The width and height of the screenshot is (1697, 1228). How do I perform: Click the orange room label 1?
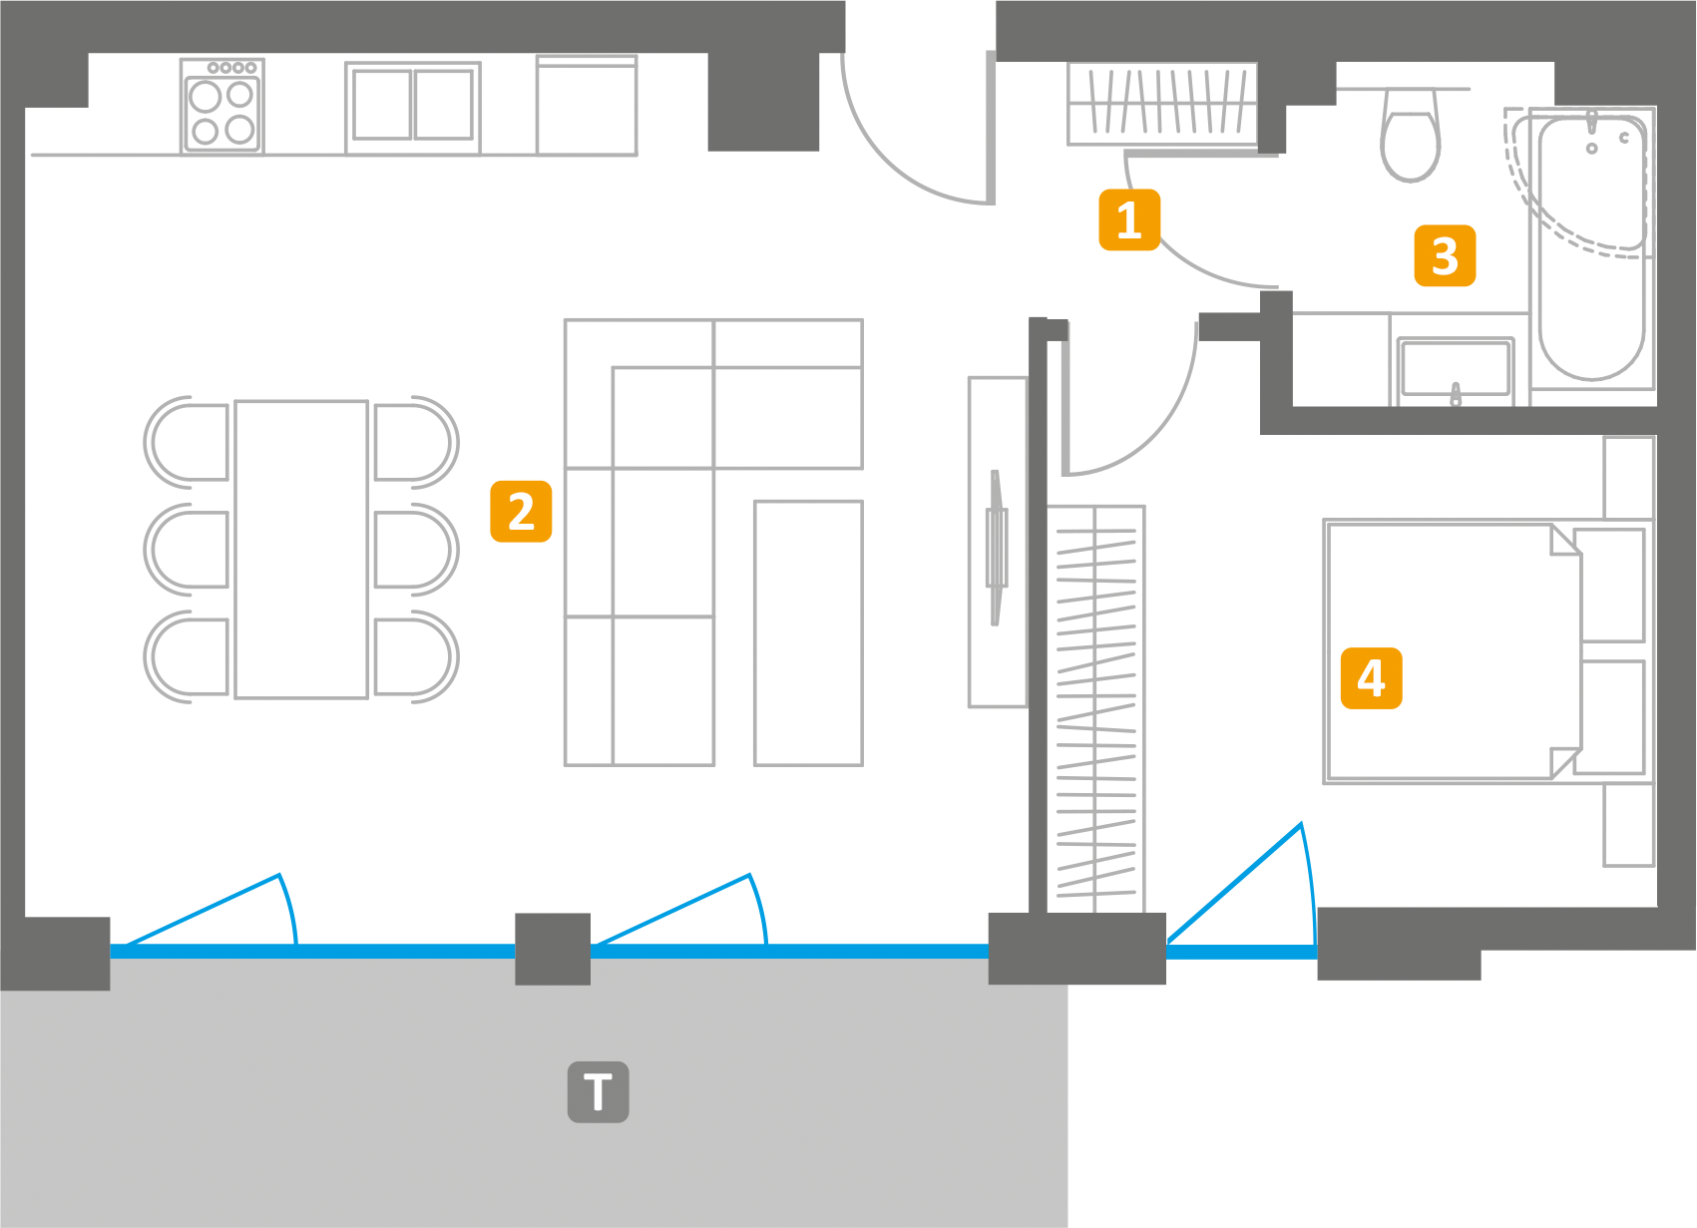coord(1128,219)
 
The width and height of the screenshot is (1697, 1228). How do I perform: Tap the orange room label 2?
coord(521,512)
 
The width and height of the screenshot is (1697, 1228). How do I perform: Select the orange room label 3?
coord(1445,256)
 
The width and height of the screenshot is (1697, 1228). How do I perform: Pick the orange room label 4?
coord(1371,678)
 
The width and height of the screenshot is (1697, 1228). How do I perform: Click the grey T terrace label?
coord(598,1092)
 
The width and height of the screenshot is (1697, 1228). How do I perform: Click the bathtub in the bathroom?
coord(1591,249)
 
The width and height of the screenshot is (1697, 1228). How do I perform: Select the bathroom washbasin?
coord(1455,369)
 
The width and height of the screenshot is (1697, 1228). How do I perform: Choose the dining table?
coord(301,550)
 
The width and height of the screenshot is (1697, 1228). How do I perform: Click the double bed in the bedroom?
coord(1452,651)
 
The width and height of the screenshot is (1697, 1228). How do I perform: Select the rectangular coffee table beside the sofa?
coord(808,632)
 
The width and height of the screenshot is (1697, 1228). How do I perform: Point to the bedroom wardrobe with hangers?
coord(1095,708)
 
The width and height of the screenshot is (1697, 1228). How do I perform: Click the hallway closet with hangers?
coord(1162,103)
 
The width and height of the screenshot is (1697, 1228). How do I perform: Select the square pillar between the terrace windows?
coord(553,949)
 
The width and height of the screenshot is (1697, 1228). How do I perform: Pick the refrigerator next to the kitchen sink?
coord(587,106)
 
